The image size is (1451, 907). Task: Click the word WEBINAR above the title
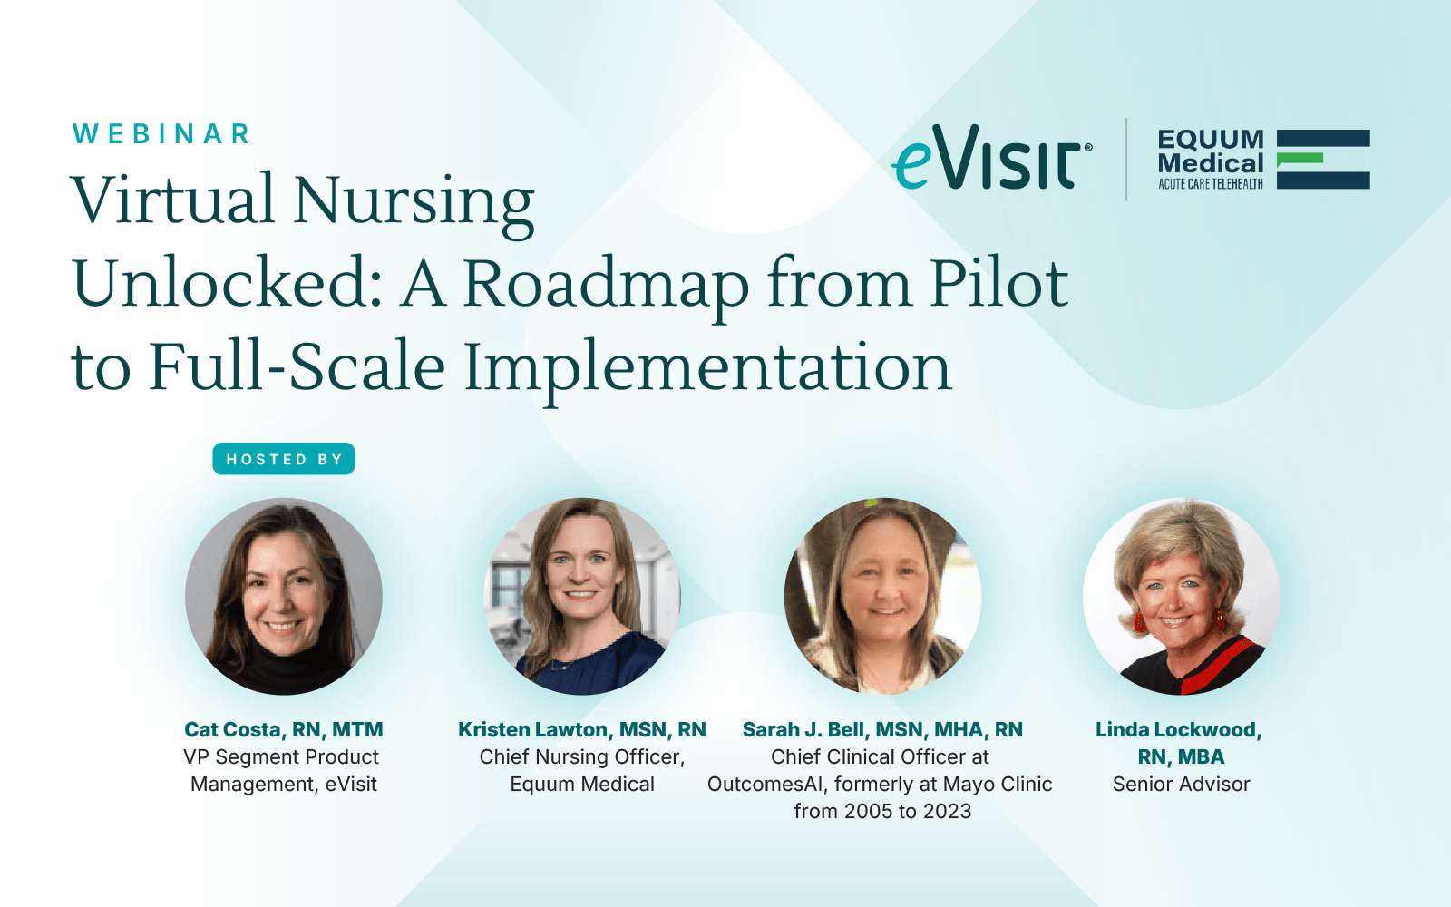click(161, 134)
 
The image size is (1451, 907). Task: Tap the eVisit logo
click(991, 157)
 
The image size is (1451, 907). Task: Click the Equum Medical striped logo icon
click(1323, 160)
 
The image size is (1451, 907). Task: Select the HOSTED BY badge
click(284, 459)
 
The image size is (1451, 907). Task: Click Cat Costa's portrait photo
click(284, 596)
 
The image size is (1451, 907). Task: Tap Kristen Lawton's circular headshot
click(582, 596)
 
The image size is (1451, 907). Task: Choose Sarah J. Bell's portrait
click(882, 596)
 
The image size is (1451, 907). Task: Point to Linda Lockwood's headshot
click(1182, 596)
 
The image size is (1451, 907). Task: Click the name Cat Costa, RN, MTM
click(284, 729)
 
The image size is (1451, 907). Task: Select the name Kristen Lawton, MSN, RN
click(581, 729)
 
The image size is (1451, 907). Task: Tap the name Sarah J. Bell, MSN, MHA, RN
click(882, 729)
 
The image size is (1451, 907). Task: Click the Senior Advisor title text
click(1181, 784)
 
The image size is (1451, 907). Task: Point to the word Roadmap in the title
click(605, 285)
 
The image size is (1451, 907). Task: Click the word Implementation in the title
click(707, 368)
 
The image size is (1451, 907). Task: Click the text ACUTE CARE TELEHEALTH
click(1211, 184)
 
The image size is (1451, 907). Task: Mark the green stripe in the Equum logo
click(1299, 160)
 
